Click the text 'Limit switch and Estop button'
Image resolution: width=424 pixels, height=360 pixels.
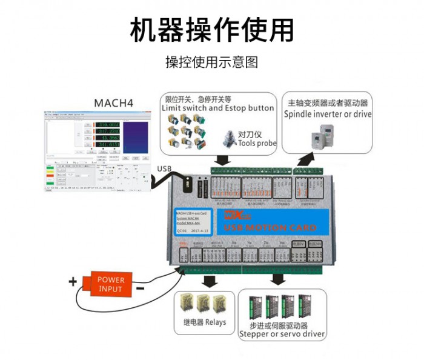click(218, 108)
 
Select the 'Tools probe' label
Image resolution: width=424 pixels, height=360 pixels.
click(257, 144)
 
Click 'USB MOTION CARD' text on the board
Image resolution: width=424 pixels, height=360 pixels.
click(270, 227)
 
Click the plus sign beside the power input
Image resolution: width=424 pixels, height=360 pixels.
click(73, 281)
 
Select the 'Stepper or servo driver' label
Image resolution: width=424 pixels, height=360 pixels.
click(282, 333)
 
